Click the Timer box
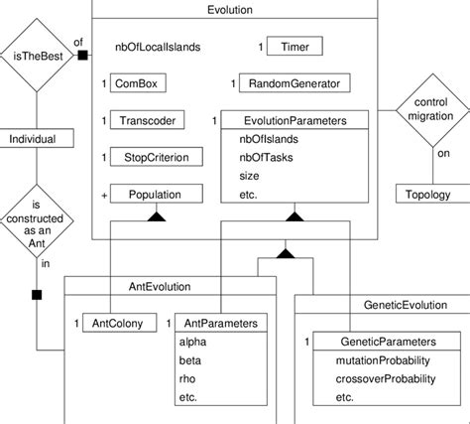tap(294, 47)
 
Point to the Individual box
tap(36, 139)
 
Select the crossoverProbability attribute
tap(387, 378)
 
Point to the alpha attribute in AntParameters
tap(192, 342)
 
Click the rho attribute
tap(188, 378)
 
